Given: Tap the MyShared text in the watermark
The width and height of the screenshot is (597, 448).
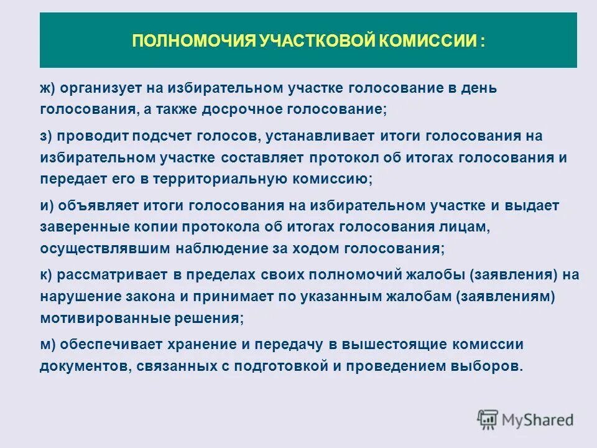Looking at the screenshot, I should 538,419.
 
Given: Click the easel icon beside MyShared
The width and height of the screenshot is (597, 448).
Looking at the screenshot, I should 488,419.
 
